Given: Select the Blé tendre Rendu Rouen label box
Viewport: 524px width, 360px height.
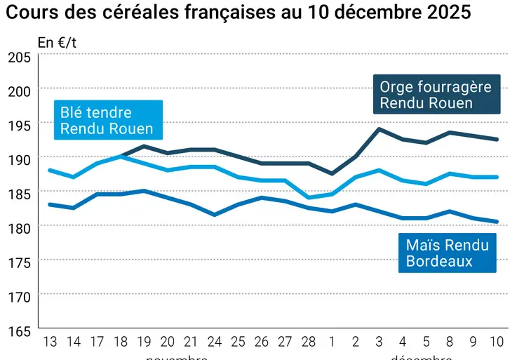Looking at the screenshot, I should click(x=107, y=120).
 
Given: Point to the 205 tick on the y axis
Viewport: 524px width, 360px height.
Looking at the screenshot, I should click(x=19, y=58).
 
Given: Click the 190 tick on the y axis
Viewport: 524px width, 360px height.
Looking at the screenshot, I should click(x=19, y=160).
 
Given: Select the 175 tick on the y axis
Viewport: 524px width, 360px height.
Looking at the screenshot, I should click(x=19, y=262).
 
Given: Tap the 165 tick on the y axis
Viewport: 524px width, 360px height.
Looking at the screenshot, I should click(x=19, y=331).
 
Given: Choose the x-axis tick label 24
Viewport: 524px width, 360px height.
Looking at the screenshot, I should click(x=214, y=342).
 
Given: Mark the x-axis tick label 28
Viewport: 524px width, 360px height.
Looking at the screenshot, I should click(x=308, y=342).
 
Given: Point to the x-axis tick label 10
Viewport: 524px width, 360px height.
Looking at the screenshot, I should click(x=497, y=342).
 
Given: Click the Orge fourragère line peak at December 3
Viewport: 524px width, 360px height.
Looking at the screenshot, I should click(x=379, y=129).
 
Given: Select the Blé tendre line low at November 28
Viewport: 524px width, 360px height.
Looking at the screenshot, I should click(x=308, y=197).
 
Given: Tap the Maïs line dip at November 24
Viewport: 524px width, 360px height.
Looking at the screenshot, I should click(x=214, y=215).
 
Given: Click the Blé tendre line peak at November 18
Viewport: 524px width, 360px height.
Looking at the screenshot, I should click(x=120, y=156).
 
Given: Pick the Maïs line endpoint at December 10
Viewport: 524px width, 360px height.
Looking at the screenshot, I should click(x=497, y=222).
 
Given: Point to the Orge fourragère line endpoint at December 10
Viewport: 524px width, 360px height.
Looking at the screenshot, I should click(x=497, y=140).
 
